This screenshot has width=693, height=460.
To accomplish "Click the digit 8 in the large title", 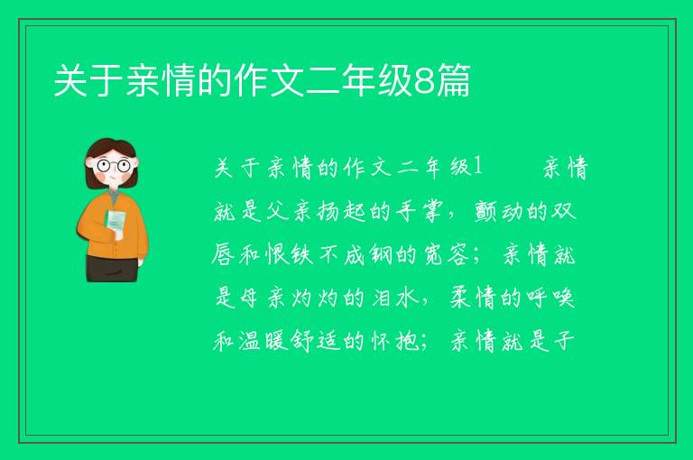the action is (x=423, y=81).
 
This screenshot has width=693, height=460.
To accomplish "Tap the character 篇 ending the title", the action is (x=452, y=81).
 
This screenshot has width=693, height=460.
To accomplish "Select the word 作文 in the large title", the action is (x=270, y=81).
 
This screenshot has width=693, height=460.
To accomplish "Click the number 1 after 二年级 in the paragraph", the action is (x=476, y=167).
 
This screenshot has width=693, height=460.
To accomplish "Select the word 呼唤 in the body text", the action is (x=550, y=297).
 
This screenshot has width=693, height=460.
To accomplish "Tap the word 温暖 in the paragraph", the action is (x=263, y=340).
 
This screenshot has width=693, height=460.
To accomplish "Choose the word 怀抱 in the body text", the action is (x=394, y=340).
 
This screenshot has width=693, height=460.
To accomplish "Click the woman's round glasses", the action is (x=114, y=166).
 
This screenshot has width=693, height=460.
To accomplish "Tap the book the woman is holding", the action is (x=115, y=222).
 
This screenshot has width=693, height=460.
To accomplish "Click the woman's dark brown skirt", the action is (x=112, y=268).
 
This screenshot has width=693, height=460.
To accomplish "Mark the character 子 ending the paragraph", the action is (x=563, y=340).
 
